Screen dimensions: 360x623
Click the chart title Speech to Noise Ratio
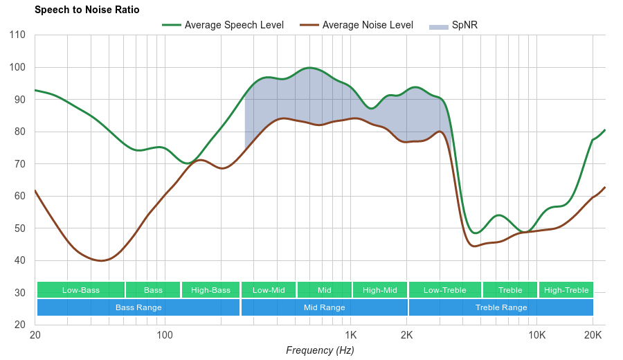pos(87,10)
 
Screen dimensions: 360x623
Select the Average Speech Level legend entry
pos(223,26)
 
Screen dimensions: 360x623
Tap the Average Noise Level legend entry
pos(357,26)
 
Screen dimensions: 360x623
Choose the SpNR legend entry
pos(453,26)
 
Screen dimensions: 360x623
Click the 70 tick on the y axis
pos(19,164)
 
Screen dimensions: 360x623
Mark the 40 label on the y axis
pos(19,261)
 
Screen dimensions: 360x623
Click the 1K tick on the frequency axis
pos(349,334)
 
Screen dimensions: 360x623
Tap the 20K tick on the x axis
pos(593,334)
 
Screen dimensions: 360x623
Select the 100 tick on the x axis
pos(165,334)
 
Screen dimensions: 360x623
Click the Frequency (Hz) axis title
pos(320,350)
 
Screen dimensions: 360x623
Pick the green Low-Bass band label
pos(81,290)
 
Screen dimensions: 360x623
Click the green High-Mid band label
pos(380,290)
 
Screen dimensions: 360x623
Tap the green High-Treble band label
pos(566,290)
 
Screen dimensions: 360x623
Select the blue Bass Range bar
pos(138,307)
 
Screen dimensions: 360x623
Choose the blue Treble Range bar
pos(501,307)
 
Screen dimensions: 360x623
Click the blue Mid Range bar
pos(325,307)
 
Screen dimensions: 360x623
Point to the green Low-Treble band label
pos(444,290)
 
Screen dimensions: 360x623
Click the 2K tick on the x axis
pos(407,334)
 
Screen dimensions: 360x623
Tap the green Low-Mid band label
pos(269,290)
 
